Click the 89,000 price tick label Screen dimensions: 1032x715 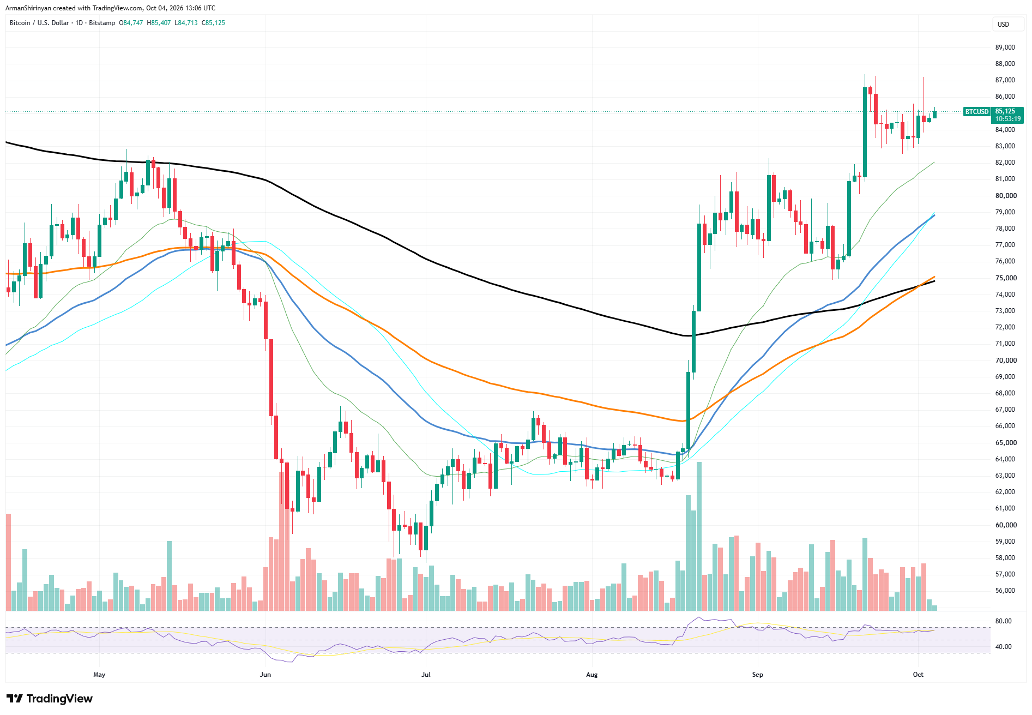point(1005,47)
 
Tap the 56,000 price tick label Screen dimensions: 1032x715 point(1005,591)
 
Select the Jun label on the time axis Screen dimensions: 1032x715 point(265,675)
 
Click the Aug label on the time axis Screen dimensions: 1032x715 point(592,675)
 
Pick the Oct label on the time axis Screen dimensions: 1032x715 point(918,675)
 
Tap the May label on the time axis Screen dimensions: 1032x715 point(99,675)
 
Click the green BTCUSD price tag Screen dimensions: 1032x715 point(976,112)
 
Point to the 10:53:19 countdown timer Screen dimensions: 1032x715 point(1007,119)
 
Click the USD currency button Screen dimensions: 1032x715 point(1003,25)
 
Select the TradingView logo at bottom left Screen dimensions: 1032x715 point(50,699)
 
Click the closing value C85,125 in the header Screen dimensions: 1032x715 point(213,23)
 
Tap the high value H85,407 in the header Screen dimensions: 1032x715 point(159,23)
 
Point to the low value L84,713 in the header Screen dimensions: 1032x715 point(186,23)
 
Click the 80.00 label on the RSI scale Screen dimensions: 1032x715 point(1003,621)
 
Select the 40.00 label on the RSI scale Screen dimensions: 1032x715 point(1003,647)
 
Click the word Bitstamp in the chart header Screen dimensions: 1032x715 point(102,23)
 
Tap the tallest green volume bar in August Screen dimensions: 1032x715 point(699,536)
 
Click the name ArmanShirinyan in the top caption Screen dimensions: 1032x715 point(28,8)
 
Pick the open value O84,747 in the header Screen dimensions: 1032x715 point(131,23)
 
